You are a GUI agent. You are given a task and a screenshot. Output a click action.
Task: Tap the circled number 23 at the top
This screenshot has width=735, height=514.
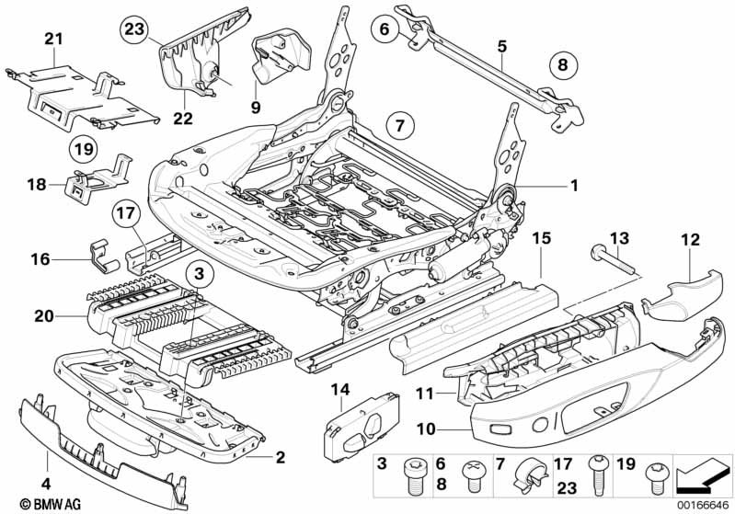click(x=135, y=30)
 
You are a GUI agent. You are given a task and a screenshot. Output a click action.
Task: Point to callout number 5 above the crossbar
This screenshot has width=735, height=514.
click(x=501, y=44)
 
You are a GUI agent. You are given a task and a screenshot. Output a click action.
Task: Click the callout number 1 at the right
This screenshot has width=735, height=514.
click(x=574, y=185)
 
